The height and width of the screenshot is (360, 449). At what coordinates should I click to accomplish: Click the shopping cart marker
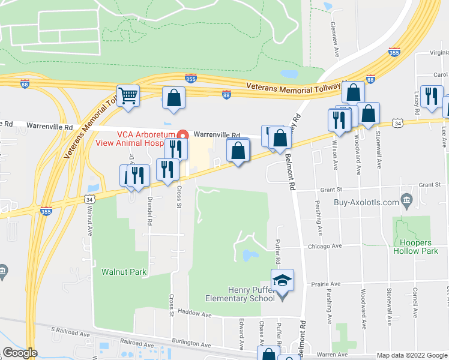coord(128,96)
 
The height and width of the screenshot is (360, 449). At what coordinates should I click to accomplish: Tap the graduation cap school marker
coord(282,281)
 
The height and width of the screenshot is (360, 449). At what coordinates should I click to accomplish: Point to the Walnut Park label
coord(124,272)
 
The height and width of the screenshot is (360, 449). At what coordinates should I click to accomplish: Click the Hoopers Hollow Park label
coord(412,247)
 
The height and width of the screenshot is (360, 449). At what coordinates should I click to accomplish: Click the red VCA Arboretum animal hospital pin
coord(185,134)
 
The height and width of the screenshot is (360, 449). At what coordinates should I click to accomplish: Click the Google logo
coord(20,353)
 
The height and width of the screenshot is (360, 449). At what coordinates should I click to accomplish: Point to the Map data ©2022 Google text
coord(411,355)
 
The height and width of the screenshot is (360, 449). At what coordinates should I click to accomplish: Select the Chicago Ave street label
coord(325,245)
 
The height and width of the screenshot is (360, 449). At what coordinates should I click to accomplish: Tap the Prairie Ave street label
coord(326,283)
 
